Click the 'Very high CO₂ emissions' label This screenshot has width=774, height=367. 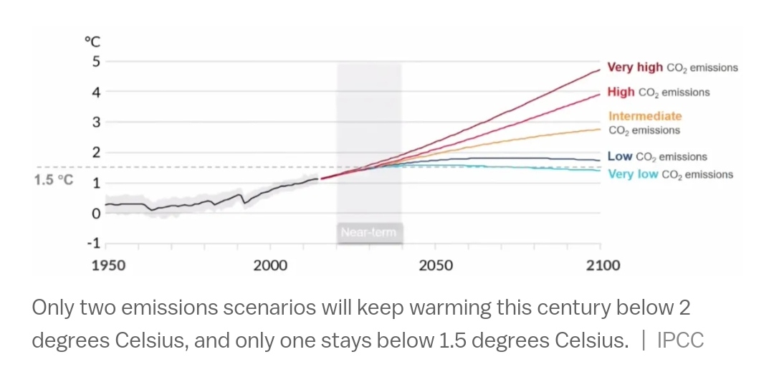tap(672, 67)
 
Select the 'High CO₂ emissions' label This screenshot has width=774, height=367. tap(658, 92)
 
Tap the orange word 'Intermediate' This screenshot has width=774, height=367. tap(645, 116)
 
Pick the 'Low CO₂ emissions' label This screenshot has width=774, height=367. tap(656, 156)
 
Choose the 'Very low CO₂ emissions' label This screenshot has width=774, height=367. tap(670, 174)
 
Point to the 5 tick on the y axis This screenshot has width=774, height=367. tap(95, 62)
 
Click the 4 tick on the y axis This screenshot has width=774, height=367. tap(95, 92)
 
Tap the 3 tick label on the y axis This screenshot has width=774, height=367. tap(95, 122)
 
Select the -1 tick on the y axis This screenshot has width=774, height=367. tap(93, 243)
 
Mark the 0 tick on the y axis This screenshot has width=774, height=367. tap(95, 213)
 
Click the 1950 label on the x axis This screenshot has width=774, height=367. tap(108, 266)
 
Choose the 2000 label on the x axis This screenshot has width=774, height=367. tap(270, 266)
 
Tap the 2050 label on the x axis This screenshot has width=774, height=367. tap(436, 266)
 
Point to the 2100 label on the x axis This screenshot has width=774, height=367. tap(603, 266)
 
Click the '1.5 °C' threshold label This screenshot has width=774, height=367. tap(53, 180)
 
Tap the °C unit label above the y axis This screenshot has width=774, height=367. tap(92, 43)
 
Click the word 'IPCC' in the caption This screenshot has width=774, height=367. tap(680, 340)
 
